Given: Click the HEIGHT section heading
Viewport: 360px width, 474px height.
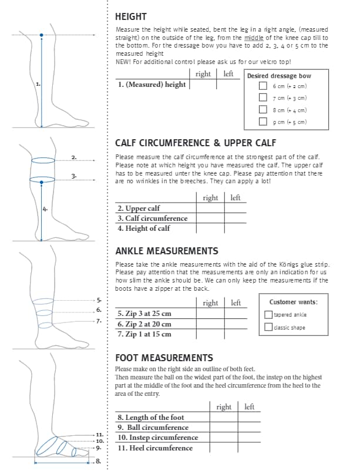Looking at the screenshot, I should (x=131, y=16).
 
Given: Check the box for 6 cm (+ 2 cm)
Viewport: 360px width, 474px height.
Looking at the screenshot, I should (x=263, y=86).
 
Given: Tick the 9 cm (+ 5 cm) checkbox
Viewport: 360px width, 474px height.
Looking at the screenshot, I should (x=263, y=122).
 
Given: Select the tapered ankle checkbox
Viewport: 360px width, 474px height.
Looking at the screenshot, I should (x=268, y=314).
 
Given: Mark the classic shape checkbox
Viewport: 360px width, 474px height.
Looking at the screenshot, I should (x=268, y=327).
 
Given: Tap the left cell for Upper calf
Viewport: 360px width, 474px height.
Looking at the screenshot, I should (x=235, y=208).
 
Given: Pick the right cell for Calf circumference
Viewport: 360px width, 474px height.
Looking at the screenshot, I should (x=210, y=218).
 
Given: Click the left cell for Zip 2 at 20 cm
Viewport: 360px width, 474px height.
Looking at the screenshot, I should (x=235, y=324).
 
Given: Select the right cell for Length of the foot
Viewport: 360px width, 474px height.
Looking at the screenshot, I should (x=224, y=417).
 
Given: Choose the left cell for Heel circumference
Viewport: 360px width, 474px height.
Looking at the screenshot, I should (x=249, y=448).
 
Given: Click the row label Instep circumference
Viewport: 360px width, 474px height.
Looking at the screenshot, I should (x=158, y=438).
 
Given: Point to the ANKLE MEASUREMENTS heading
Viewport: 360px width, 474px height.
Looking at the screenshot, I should (x=167, y=251).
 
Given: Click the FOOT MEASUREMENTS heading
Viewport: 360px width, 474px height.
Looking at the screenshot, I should (x=164, y=357).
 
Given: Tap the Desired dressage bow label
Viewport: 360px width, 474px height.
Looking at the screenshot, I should (x=279, y=76).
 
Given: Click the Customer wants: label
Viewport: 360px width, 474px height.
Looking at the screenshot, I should (x=293, y=302).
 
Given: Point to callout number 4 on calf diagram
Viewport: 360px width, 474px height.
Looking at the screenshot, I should (x=45, y=209).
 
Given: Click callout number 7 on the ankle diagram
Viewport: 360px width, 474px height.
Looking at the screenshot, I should (x=99, y=321).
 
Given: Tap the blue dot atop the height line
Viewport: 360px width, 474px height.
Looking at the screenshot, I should (x=41, y=36).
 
